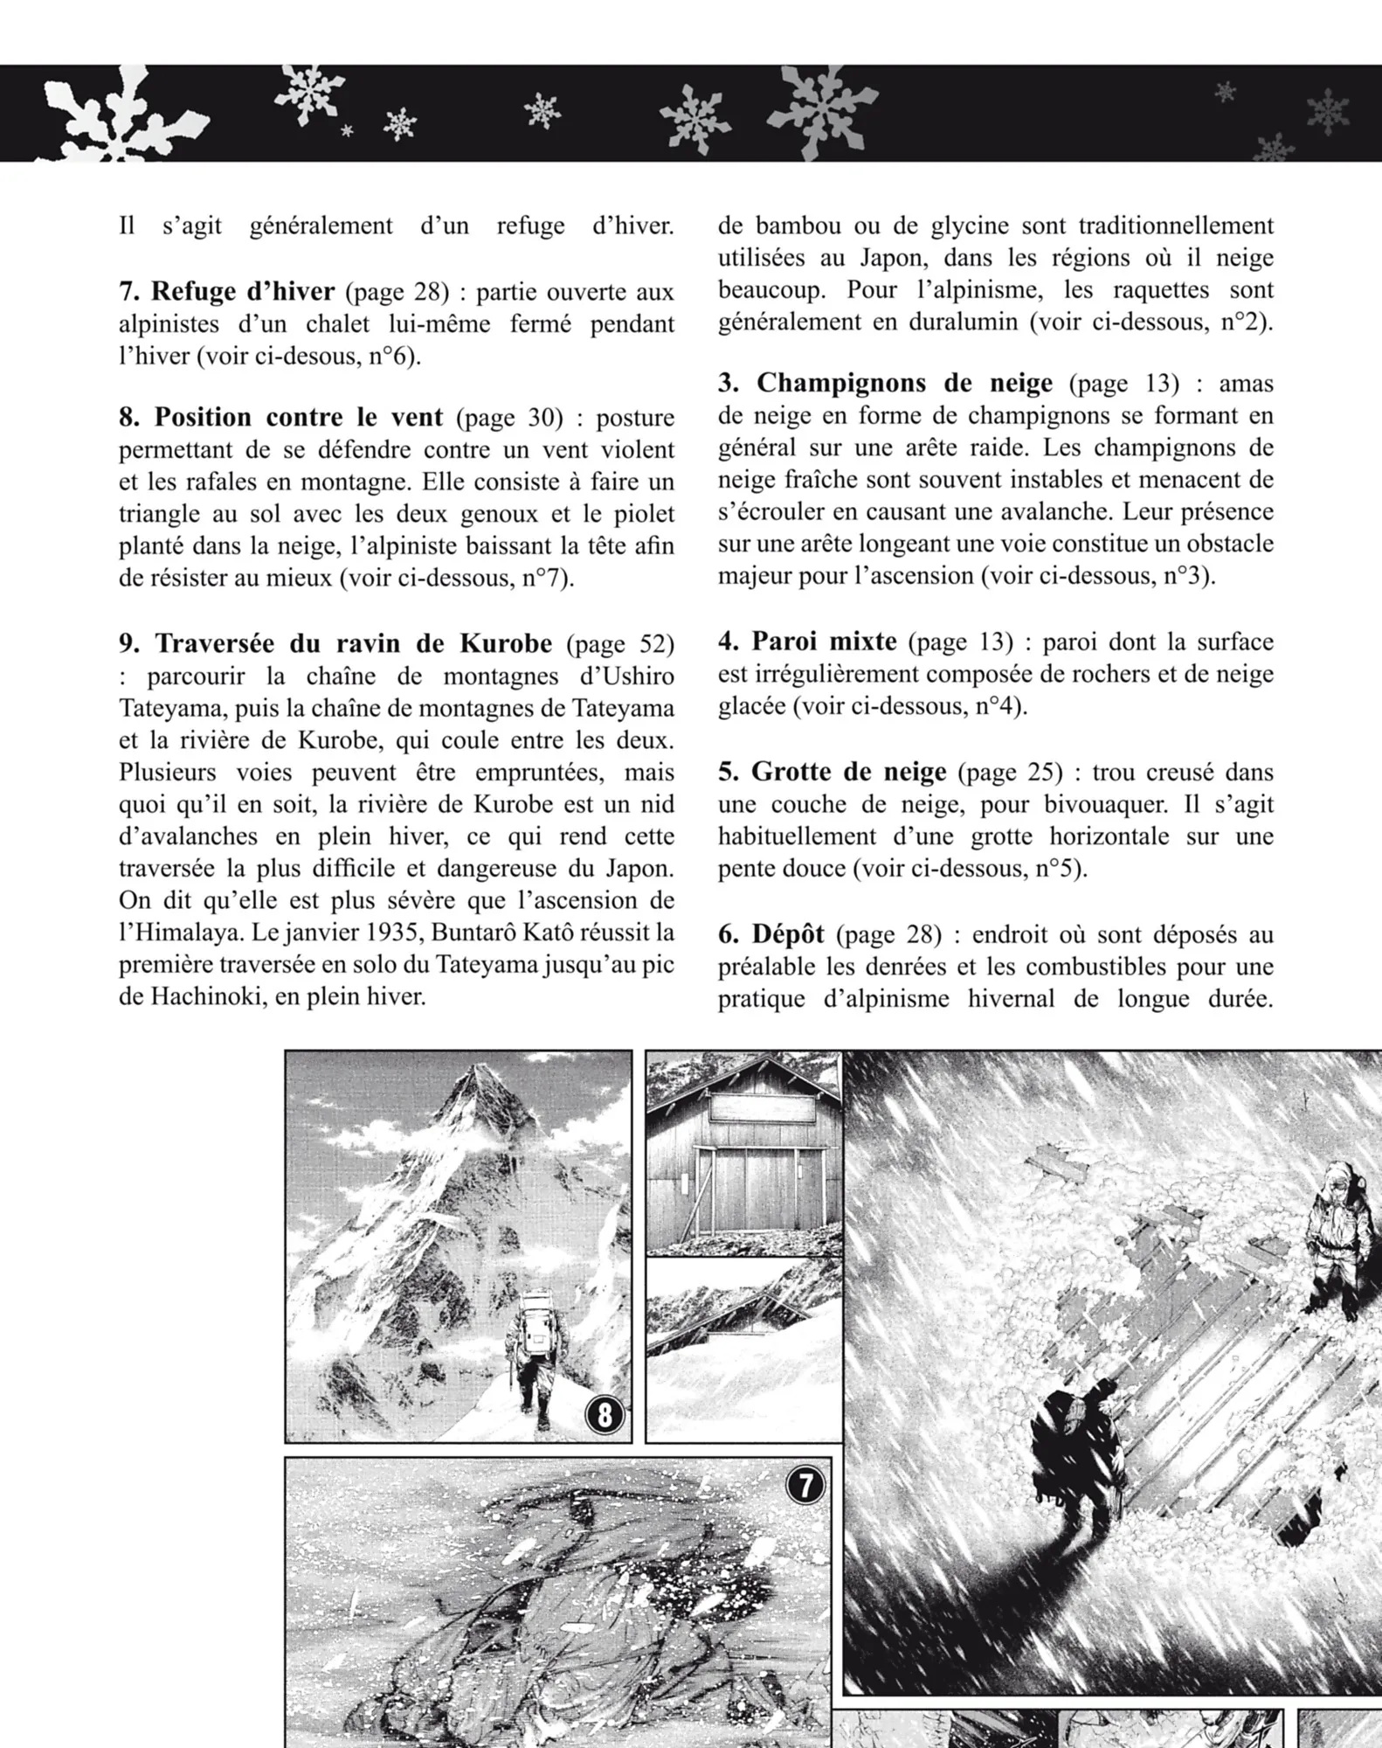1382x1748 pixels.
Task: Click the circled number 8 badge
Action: coord(605,1414)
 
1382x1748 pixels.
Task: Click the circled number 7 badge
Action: coord(805,1484)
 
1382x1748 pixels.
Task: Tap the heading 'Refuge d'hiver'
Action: coord(242,291)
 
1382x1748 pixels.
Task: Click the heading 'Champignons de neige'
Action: coord(904,383)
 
